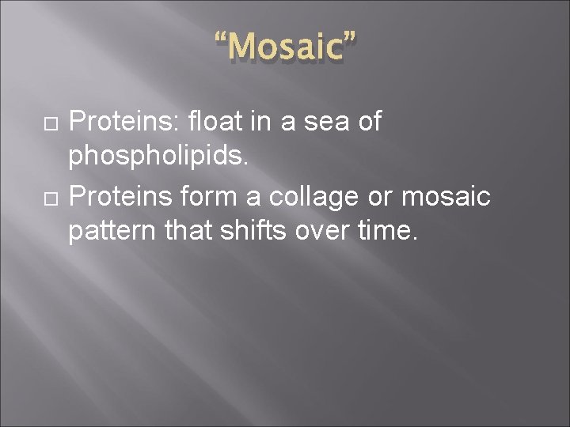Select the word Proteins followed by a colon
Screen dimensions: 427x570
click(x=126, y=122)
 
